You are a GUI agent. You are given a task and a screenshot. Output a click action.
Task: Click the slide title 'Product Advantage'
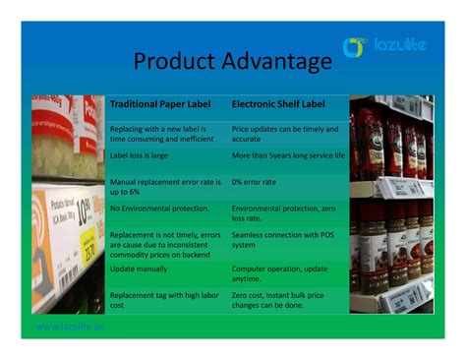[232, 62]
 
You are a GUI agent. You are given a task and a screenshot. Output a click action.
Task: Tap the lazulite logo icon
[354, 46]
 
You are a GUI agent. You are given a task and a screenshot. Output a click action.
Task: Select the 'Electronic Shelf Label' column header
[278, 103]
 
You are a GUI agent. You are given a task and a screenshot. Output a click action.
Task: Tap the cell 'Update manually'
[140, 269]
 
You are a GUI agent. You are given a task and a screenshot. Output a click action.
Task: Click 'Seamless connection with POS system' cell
[285, 241]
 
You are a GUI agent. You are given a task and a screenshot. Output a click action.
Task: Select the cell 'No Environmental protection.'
[159, 209]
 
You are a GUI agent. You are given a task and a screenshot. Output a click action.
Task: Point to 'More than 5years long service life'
[288, 154]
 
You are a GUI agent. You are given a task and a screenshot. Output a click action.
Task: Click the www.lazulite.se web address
[70, 326]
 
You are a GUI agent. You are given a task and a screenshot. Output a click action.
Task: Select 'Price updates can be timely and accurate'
[285, 134]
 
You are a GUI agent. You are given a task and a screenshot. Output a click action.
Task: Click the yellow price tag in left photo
[87, 246]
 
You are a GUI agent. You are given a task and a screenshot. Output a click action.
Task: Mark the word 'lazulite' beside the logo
[400, 45]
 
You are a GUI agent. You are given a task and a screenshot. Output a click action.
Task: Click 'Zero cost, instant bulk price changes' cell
[285, 300]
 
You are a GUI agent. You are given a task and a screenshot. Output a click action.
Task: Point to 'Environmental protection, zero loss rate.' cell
[285, 213]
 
